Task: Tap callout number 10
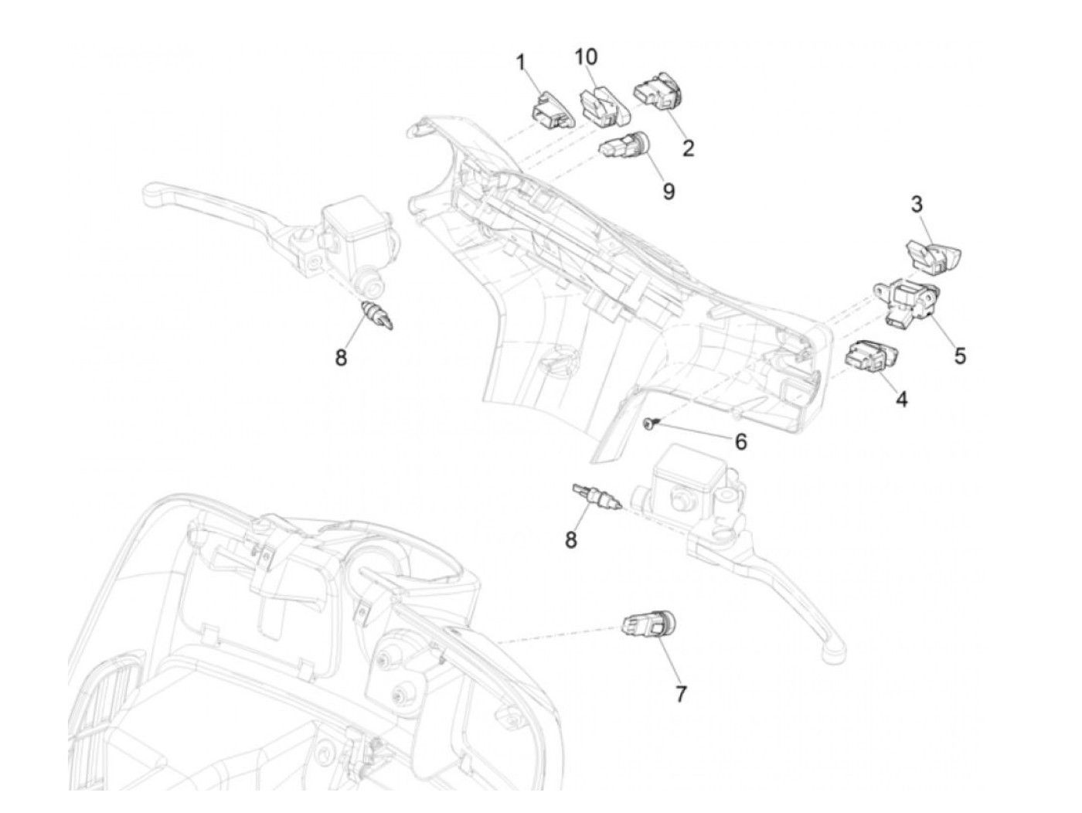pos(586,56)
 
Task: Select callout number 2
pos(688,148)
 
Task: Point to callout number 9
pos(669,191)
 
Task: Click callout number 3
pos(917,205)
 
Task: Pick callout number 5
pos(960,355)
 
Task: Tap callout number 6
pos(740,441)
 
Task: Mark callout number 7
pos(680,694)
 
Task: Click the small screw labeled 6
pos(648,421)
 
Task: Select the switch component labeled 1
pos(550,110)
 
